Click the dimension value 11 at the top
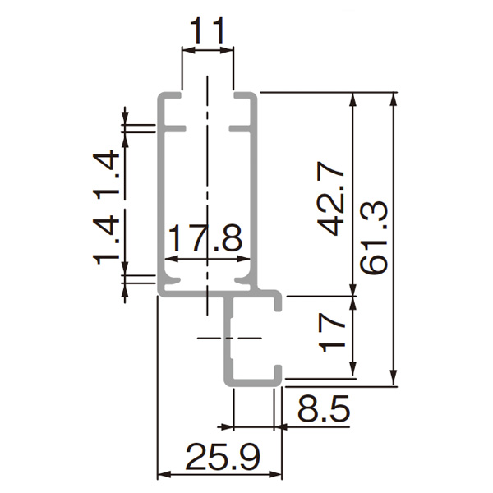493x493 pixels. [207, 31]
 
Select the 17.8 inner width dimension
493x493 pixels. [206, 237]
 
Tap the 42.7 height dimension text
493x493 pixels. [331, 198]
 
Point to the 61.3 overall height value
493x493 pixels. [374, 238]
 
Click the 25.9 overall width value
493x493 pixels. [223, 457]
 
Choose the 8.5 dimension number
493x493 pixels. [324, 408]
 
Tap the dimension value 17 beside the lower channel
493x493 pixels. [332, 334]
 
